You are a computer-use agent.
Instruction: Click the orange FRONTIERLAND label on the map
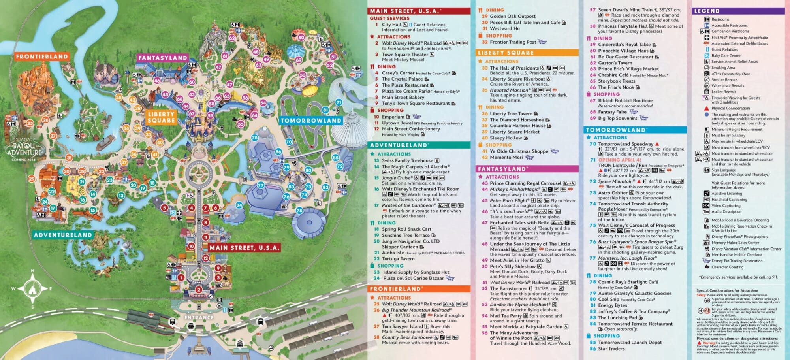(42, 57)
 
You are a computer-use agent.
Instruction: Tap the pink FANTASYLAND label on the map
(162, 58)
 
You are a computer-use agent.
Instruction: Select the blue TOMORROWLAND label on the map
(310, 120)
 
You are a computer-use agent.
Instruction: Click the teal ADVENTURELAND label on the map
(63, 235)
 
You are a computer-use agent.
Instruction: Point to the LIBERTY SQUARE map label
(161, 117)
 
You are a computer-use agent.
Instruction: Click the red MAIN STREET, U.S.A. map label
(244, 248)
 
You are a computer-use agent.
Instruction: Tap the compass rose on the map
(32, 289)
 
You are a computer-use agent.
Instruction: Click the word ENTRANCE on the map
(199, 317)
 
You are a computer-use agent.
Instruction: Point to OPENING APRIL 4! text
(619, 160)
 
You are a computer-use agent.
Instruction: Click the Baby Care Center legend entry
(726, 56)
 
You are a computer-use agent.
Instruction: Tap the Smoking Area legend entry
(723, 68)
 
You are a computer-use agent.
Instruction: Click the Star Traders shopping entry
(611, 349)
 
